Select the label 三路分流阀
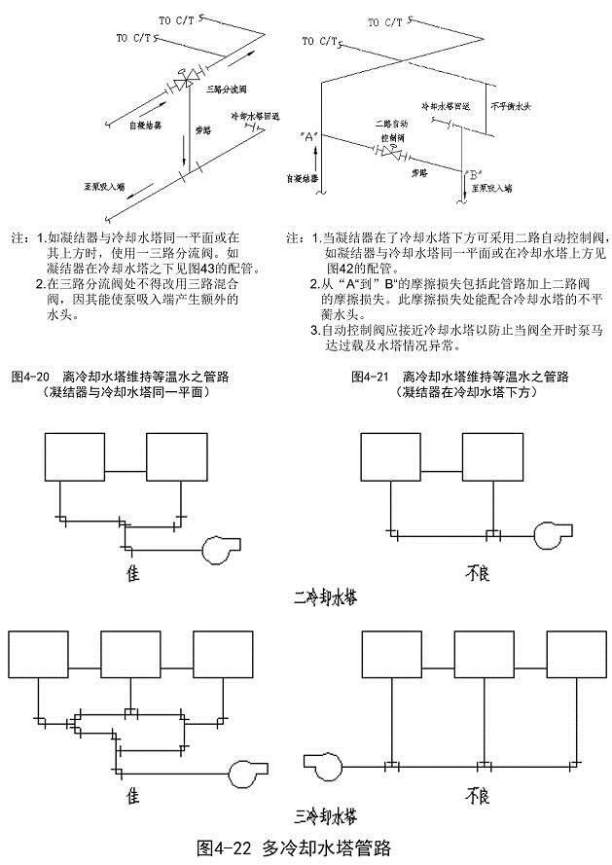pos(226,90)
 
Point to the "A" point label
pos(310,136)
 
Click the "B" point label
pos(474,175)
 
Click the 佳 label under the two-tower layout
pos(132,573)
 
